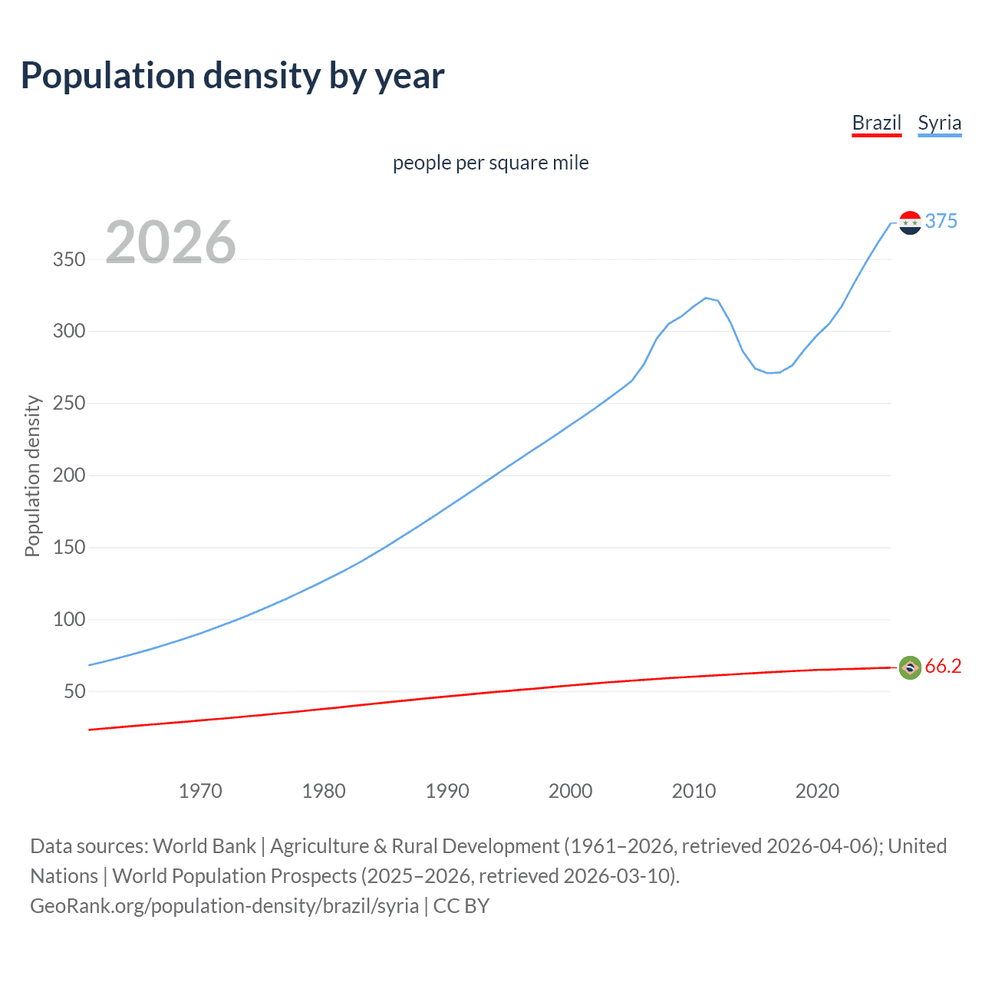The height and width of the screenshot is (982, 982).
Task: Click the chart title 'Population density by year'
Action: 232,76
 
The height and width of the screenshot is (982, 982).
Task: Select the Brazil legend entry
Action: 876,124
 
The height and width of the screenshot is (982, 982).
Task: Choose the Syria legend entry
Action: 939,124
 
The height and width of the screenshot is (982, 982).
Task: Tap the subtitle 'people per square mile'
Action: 490,163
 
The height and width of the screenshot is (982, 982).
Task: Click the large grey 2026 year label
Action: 170,242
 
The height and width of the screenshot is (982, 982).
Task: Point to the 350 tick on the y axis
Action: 69,259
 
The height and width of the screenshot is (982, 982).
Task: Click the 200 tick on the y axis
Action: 69,476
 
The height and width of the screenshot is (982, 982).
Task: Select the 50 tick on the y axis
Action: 74,692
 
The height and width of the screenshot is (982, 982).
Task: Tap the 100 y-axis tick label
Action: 69,620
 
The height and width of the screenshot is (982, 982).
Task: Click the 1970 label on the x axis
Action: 200,791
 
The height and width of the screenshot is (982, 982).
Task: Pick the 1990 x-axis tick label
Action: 447,791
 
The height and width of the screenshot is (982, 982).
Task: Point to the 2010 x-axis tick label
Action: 694,791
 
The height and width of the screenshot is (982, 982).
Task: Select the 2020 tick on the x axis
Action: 817,791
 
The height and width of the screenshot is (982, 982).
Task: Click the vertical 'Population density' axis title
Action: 32,476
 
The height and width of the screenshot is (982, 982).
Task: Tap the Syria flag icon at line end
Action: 910,222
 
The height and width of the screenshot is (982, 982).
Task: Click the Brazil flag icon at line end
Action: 910,668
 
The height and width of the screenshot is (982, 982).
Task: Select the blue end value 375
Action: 941,222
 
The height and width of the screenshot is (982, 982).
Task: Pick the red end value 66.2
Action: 943,667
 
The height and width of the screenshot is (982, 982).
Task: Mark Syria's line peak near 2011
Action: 706,298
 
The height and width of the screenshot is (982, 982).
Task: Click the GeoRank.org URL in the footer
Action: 224,906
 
